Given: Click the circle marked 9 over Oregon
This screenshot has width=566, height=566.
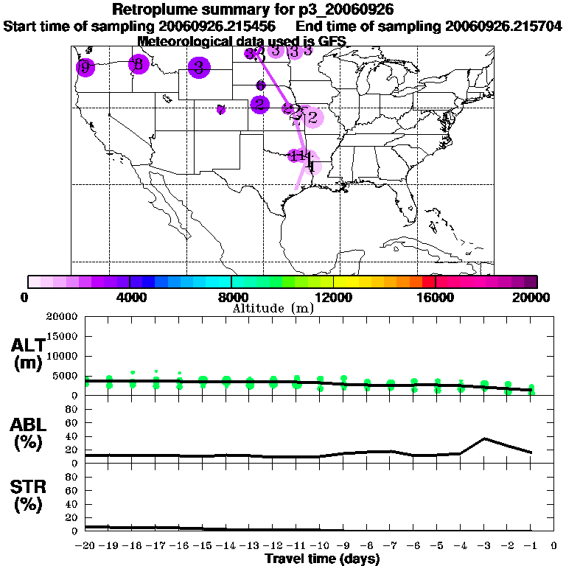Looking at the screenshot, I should [85, 68].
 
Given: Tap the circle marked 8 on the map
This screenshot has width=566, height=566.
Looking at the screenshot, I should [138, 65].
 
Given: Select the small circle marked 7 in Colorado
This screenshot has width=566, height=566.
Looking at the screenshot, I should [221, 111].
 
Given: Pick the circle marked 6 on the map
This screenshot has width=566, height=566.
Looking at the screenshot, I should [260, 85].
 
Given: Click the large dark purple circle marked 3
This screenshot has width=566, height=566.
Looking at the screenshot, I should [198, 68].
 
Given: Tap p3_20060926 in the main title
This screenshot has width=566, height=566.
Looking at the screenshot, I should [350, 10].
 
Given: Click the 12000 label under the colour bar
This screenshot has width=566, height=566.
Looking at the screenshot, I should [333, 297].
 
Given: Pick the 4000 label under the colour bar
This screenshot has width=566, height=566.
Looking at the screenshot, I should [129, 297].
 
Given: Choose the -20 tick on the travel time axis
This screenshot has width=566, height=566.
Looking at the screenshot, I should [85, 546].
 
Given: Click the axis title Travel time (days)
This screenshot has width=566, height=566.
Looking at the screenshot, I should [322, 559].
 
